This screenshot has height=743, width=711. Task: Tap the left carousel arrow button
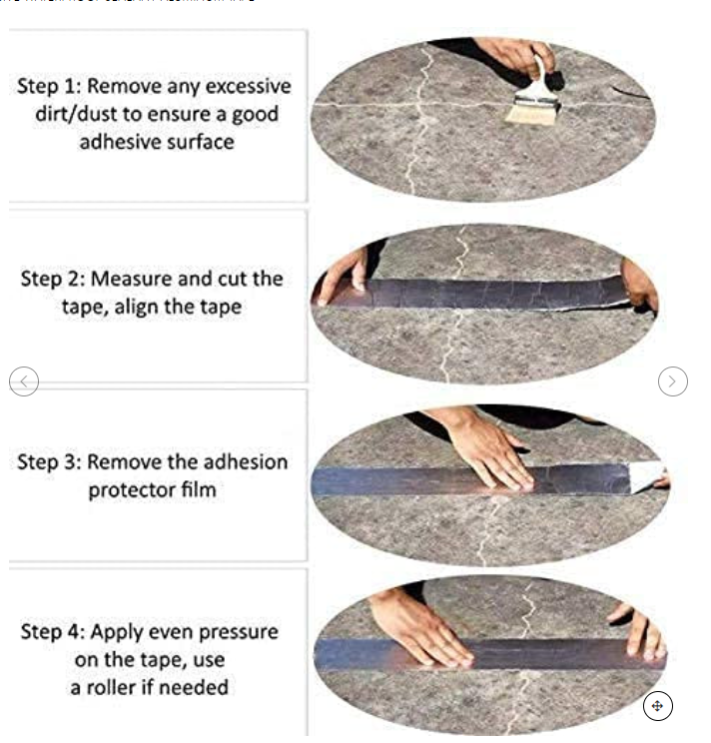[24, 380]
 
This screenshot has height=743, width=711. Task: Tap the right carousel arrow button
[673, 380]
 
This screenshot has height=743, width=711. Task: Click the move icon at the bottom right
[657, 706]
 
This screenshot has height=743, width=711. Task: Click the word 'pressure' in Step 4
[233, 632]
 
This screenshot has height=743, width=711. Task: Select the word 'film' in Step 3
[197, 490]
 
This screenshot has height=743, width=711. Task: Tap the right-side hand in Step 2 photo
[639, 284]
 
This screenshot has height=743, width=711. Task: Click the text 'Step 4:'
[52, 632]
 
